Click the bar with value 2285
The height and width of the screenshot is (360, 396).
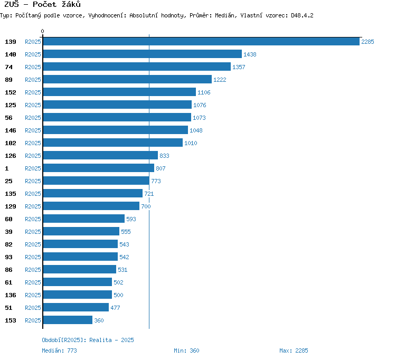[201, 41]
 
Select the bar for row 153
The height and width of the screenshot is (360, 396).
[68, 320]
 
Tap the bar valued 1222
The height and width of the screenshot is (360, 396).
[127, 79]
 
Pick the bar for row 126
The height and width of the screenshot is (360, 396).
[100, 155]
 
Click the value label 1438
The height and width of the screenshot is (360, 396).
[250, 54]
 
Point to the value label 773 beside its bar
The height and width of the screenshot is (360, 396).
[156, 181]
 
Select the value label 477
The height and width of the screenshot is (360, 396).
[115, 308]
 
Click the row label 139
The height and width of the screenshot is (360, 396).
[11, 42]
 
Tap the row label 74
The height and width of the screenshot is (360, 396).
[8, 67]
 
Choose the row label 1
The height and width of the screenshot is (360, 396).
[7, 168]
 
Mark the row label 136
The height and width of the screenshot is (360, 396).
[11, 295]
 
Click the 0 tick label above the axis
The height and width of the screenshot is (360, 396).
[42, 31]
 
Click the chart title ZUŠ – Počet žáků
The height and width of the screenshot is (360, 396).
[42, 4]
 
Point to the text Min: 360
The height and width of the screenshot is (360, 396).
[186, 350]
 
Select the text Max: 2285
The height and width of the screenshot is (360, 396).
[294, 350]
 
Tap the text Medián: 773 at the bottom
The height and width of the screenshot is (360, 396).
[59, 350]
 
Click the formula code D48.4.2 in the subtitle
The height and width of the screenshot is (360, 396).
[302, 15]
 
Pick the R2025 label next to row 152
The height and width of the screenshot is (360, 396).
[33, 92]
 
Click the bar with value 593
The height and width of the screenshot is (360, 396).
[84, 219]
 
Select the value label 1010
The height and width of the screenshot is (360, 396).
[191, 143]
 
